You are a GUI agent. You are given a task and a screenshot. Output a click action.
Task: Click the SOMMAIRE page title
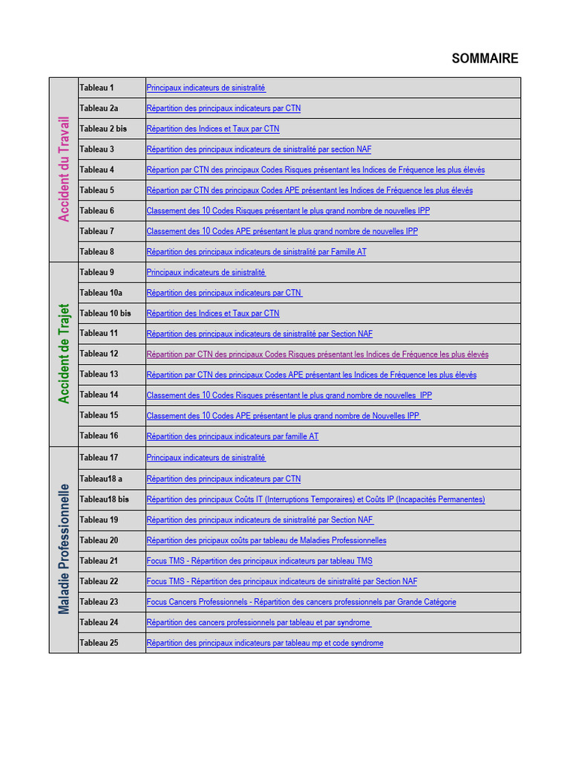(x=485, y=59)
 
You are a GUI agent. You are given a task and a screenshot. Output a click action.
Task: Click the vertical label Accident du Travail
(x=64, y=169)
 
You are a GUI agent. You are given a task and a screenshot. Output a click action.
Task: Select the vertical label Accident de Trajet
(x=64, y=353)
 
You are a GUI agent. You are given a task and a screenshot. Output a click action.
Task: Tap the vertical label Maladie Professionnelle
(x=64, y=549)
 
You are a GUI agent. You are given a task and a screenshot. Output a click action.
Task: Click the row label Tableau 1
(x=96, y=88)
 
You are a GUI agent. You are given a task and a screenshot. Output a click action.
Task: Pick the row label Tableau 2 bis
(x=103, y=129)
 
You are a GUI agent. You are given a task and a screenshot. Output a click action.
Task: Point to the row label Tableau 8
(x=96, y=252)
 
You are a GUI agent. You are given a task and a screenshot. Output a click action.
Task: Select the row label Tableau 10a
(x=100, y=293)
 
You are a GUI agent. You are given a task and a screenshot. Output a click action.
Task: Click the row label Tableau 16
(x=99, y=436)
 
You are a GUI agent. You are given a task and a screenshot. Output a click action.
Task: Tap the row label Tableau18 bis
(x=104, y=499)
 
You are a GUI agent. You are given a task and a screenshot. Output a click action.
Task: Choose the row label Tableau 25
(x=99, y=643)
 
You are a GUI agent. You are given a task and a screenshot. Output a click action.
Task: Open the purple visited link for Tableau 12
(x=317, y=354)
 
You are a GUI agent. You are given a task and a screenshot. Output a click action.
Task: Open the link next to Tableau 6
(x=288, y=211)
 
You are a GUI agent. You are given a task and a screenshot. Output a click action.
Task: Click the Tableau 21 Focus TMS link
(x=259, y=561)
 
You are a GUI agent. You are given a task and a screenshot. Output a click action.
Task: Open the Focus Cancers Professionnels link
(x=301, y=602)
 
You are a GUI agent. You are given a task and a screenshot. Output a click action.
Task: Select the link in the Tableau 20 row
(x=266, y=540)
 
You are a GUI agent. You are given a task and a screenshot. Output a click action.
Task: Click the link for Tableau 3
(x=259, y=149)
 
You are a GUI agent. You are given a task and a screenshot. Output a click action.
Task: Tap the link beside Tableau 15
(x=284, y=416)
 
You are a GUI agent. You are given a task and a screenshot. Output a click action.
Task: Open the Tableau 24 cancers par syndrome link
(x=258, y=623)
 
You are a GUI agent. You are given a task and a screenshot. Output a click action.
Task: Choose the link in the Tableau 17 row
(x=206, y=458)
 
